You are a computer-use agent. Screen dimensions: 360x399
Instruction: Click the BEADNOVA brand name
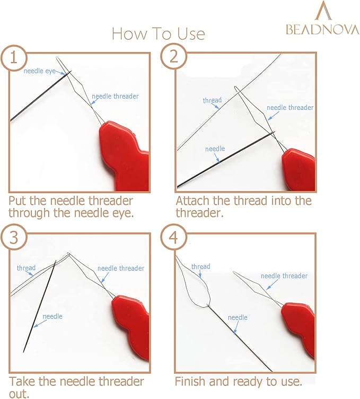point(322,29)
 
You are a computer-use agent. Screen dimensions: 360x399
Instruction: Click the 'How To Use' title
point(159,33)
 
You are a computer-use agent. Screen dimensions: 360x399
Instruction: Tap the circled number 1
point(14,57)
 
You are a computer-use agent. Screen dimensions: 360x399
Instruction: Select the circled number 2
point(174,56)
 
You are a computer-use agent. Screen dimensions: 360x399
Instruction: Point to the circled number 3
point(14,238)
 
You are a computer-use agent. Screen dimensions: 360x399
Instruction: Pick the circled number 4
point(174,237)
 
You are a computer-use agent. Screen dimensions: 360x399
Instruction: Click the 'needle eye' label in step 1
point(39,71)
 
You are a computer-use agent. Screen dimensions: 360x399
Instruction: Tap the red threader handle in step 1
point(124,155)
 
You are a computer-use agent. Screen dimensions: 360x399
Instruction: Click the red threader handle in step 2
point(298,169)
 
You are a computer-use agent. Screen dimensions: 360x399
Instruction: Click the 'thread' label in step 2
point(212,100)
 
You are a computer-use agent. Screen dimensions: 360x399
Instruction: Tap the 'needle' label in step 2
point(215,149)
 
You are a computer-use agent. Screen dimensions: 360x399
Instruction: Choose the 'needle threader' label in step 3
point(121,268)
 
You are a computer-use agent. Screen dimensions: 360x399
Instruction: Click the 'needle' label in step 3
point(52,316)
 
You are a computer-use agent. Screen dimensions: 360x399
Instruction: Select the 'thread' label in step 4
point(201,266)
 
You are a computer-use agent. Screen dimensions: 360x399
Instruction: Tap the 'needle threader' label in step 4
point(284,276)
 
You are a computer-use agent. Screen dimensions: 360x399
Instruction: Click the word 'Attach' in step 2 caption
point(192,201)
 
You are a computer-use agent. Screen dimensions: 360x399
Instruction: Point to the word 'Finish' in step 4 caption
point(190,381)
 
